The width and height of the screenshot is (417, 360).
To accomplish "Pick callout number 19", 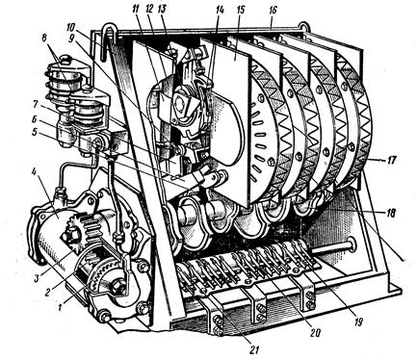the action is click(357, 321).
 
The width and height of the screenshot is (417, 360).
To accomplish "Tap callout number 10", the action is click(70, 27).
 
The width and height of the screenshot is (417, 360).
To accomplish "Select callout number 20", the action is click(315, 333).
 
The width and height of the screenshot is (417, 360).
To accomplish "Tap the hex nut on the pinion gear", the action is click(68, 237).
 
